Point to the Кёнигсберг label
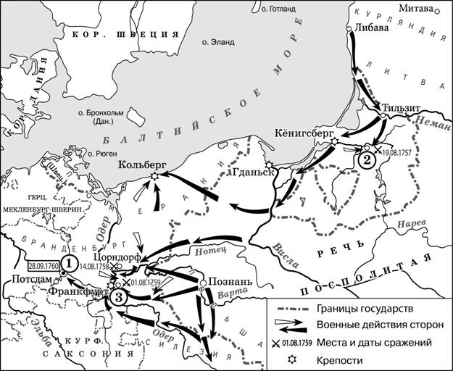pyautogui.click(x=304, y=132)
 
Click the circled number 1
pyautogui.click(x=69, y=262)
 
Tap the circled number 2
pyautogui.click(x=367, y=159)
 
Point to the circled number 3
pyautogui.click(x=121, y=296)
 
